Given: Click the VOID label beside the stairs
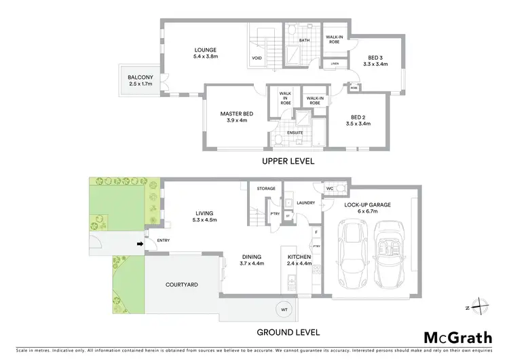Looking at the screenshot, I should [257, 58].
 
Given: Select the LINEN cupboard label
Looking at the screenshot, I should [335, 65].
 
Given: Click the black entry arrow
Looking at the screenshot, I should [140, 245].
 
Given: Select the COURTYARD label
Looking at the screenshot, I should [181, 284].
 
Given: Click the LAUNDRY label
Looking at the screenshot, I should [307, 202].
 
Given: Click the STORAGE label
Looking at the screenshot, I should [266, 188].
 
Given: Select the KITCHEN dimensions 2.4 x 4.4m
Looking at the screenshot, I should [299, 263].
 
